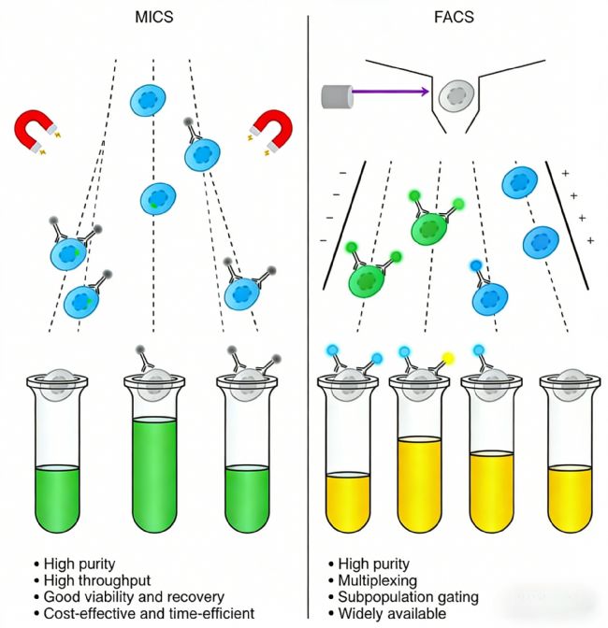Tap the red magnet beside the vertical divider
pos(272,130)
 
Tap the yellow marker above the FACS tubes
pos(448,356)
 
